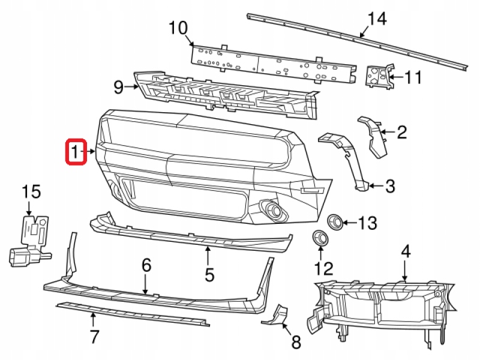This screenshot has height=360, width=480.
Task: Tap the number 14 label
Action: (377, 19)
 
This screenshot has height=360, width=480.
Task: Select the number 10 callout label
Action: (178, 28)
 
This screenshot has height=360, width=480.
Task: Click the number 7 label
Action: (94, 337)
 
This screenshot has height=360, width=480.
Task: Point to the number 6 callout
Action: (146, 265)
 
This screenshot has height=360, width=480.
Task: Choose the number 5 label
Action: (209, 275)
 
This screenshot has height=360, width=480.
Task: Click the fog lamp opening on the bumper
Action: (274, 210)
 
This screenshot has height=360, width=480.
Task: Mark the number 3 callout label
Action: (391, 187)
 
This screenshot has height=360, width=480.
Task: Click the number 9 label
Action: (118, 88)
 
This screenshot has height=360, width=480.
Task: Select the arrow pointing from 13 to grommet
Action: (350, 223)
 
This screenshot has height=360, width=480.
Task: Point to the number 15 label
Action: (31, 192)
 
